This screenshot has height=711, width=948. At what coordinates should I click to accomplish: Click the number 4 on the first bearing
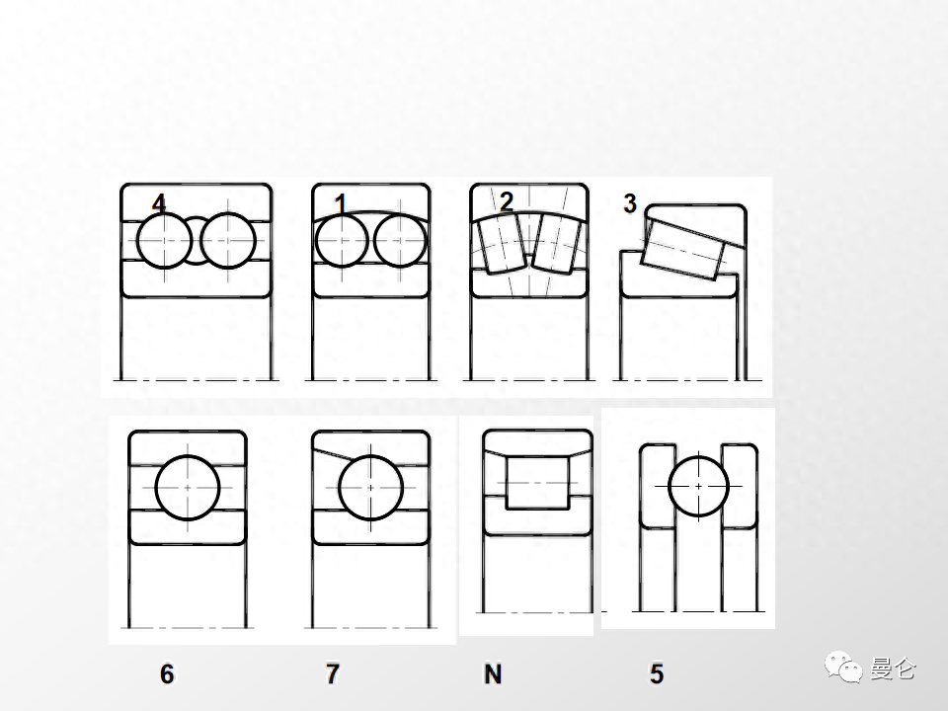pos(159,203)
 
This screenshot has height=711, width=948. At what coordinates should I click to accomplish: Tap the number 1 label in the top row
pos(341,203)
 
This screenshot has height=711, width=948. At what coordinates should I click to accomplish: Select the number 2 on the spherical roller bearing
pos(507,201)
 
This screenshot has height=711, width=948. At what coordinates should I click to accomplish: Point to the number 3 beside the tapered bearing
pos(630,203)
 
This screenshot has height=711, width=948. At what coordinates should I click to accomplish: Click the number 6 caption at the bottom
pos(167,673)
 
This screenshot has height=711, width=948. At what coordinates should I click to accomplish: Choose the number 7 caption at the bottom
pos(333,673)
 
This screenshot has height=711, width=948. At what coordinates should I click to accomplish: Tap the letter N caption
pos(493,673)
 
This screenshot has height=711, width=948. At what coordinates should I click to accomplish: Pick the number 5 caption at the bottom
pos(658,673)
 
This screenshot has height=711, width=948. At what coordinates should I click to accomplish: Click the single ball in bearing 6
pos(188,487)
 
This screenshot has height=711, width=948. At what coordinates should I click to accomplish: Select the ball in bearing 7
pos(370,487)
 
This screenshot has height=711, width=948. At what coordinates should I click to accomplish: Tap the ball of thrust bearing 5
pos(699,486)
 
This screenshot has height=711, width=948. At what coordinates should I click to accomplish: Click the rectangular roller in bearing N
pos(537,483)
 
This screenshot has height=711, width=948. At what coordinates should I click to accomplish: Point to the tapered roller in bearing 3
pos(682,249)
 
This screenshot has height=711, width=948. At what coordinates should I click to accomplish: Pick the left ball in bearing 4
pos(165,241)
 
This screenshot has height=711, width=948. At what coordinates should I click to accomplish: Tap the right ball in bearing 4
pos(228,241)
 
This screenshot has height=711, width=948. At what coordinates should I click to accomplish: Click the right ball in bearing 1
pos(400,241)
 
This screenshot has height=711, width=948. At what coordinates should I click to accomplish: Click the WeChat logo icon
pos(843,667)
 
